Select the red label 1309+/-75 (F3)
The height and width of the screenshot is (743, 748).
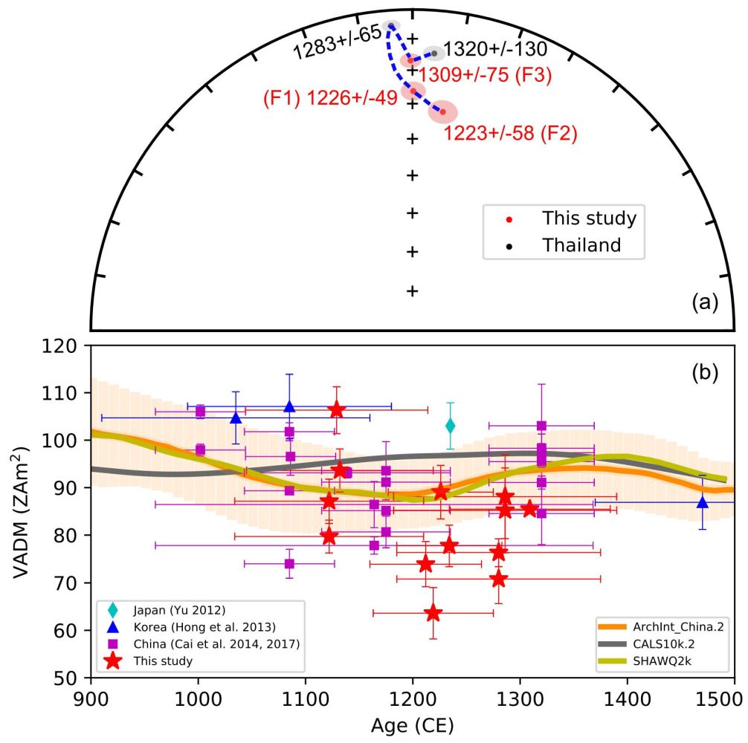tap(484, 75)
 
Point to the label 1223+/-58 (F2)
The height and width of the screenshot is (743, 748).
tap(510, 134)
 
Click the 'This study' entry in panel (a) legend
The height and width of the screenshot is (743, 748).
tap(589, 218)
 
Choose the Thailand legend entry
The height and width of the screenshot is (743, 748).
tap(581, 244)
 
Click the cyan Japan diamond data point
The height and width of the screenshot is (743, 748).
tap(450, 426)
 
